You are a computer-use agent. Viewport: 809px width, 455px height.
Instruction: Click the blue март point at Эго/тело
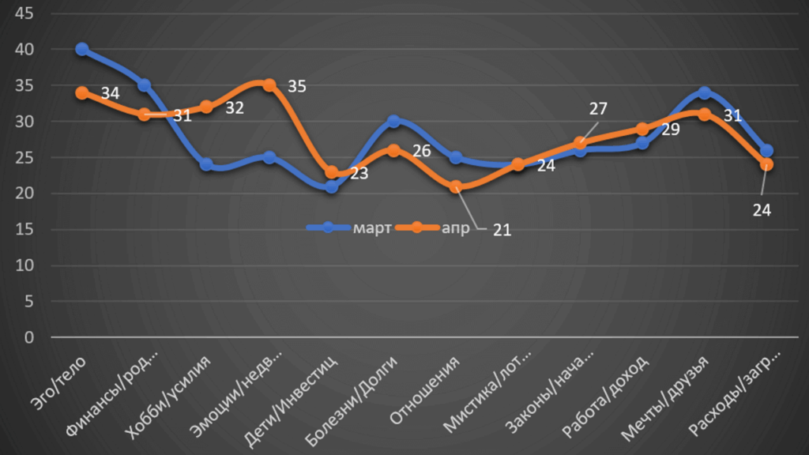81,49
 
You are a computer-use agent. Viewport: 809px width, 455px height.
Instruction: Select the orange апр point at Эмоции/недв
269,85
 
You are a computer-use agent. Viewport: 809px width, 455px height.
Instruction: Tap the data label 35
296,86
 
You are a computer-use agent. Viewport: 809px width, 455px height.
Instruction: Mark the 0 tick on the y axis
29,338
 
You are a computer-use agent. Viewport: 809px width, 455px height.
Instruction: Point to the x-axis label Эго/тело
62,384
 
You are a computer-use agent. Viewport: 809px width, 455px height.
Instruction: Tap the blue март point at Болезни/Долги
393,122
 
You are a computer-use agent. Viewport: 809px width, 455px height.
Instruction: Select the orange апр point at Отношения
456,186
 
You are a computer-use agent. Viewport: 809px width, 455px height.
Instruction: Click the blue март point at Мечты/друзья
704,93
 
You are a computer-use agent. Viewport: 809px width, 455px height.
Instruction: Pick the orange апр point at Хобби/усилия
206,107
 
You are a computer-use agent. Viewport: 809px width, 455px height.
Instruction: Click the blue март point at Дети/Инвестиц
331,186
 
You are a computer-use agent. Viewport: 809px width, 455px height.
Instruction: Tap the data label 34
111,94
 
